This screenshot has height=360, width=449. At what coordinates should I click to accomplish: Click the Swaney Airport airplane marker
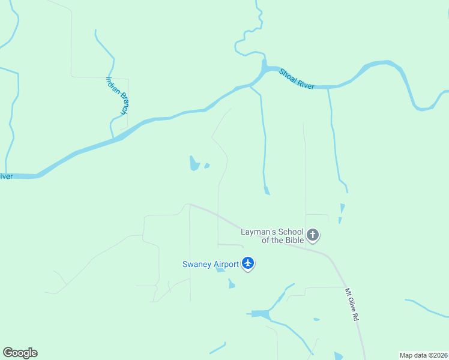tap(248, 263)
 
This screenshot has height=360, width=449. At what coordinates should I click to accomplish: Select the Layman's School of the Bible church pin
tap(312, 235)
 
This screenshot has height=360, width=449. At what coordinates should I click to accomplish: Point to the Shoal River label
tap(297, 79)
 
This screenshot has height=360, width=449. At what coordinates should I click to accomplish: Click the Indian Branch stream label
tap(117, 95)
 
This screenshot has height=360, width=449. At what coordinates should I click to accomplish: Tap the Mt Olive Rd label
tap(351, 305)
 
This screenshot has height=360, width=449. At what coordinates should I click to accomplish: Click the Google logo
tap(20, 353)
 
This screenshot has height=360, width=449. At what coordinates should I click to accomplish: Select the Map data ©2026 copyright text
tap(423, 355)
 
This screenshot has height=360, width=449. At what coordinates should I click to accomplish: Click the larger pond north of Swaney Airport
tap(194, 163)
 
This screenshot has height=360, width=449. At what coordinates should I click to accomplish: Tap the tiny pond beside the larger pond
tap(207, 166)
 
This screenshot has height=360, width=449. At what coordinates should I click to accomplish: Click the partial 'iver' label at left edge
tap(6, 176)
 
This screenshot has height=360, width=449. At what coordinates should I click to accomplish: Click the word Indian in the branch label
tap(112, 85)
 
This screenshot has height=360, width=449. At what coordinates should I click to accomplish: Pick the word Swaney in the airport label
tap(197, 264)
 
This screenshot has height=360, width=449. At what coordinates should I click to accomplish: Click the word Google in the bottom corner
tap(20, 353)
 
